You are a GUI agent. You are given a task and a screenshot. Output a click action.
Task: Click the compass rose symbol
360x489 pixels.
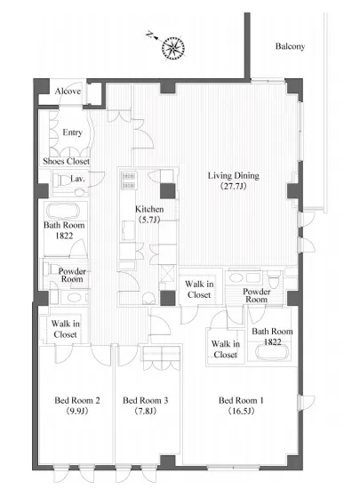tap(173, 48)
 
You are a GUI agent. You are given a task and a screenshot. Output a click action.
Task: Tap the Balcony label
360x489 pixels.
tap(290, 46)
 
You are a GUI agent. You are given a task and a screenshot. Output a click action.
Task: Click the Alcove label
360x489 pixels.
tap(68, 91)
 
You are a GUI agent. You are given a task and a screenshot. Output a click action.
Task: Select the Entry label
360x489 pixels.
tap(72, 132)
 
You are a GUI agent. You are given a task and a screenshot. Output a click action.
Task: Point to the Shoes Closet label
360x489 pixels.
tap(67, 161)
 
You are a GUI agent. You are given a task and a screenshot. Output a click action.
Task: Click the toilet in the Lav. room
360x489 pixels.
tap(60, 180)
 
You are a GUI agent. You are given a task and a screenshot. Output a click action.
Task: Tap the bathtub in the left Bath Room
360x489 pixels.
tap(62, 211)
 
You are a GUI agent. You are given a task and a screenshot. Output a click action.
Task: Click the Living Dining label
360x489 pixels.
tap(234, 175)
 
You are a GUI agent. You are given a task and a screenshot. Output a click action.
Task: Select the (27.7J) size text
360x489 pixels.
tap(234, 187)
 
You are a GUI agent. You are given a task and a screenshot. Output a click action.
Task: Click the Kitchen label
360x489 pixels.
tap(149, 209)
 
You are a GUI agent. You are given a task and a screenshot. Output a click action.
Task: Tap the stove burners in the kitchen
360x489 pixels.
tap(129, 180)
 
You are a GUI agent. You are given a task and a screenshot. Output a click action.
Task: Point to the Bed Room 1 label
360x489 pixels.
tap(241, 400)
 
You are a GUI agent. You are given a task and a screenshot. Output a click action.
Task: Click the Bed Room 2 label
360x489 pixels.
tap(77, 400)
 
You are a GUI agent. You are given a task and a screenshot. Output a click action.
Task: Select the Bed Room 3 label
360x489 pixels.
tap(146, 400)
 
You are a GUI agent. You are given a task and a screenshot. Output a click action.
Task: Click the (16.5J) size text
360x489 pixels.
tap(241, 411)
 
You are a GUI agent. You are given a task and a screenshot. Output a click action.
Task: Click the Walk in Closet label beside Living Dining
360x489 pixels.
tap(199, 290)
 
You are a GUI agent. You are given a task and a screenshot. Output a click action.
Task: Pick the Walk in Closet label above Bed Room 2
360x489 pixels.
tap(65, 329)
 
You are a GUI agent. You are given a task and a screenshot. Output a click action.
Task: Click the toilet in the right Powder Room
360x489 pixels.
tap(274, 281)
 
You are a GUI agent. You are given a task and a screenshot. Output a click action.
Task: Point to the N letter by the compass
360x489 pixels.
tap(150, 35)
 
